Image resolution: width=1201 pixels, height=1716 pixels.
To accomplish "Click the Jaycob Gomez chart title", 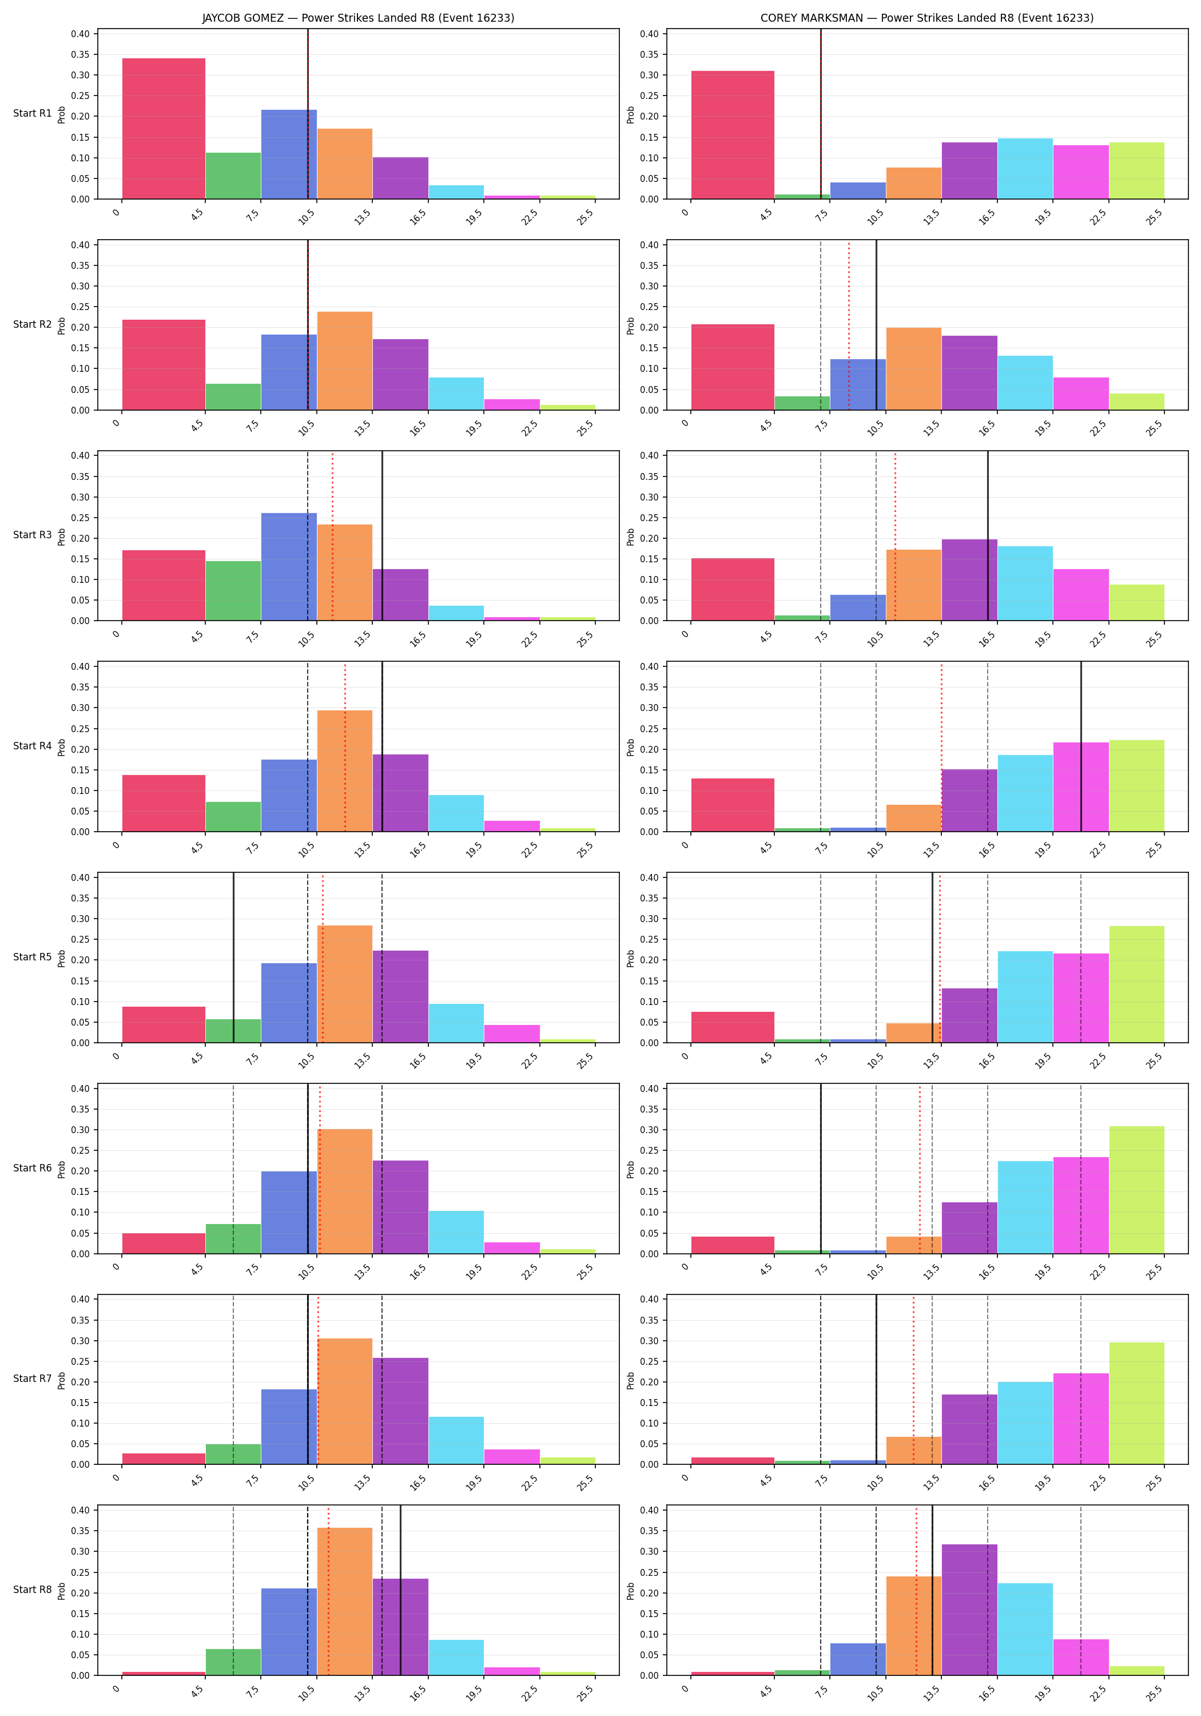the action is [358, 18].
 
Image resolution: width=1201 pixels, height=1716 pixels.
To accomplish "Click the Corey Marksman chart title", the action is [926, 18].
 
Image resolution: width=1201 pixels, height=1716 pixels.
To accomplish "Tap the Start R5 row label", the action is [32, 956].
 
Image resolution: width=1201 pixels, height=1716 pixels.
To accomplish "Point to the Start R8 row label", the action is [32, 1590].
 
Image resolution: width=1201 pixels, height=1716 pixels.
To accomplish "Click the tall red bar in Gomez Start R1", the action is [164, 129].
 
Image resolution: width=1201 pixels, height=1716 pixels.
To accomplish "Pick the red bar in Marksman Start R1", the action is [733, 134].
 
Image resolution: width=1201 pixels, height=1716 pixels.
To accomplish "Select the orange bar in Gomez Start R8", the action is [344, 1601].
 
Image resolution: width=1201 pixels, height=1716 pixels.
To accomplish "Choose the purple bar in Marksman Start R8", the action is [969, 1609].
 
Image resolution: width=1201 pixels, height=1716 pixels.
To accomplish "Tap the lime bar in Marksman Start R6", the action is [1137, 1190].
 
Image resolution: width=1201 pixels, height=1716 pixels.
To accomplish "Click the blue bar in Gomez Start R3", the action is [289, 566].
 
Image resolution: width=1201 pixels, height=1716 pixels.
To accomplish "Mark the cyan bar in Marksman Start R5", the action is [1025, 997].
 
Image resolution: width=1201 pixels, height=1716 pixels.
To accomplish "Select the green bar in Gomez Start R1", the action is [233, 176].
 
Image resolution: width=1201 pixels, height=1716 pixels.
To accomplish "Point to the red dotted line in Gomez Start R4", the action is [345, 746].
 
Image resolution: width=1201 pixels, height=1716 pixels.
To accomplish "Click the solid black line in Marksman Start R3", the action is [988, 536].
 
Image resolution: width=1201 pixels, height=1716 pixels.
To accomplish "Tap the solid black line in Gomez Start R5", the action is [233, 958].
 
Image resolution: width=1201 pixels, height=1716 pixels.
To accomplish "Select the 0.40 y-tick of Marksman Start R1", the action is [649, 34].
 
